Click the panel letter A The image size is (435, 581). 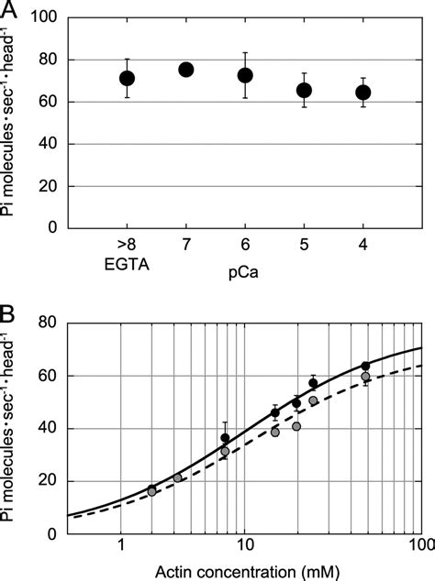click(x=10, y=10)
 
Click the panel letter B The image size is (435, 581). click(x=10, y=311)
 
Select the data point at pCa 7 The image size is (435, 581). click(x=185, y=70)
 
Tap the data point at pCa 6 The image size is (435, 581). click(x=245, y=75)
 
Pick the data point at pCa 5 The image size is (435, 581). click(x=304, y=90)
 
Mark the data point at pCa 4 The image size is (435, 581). click(x=363, y=92)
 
